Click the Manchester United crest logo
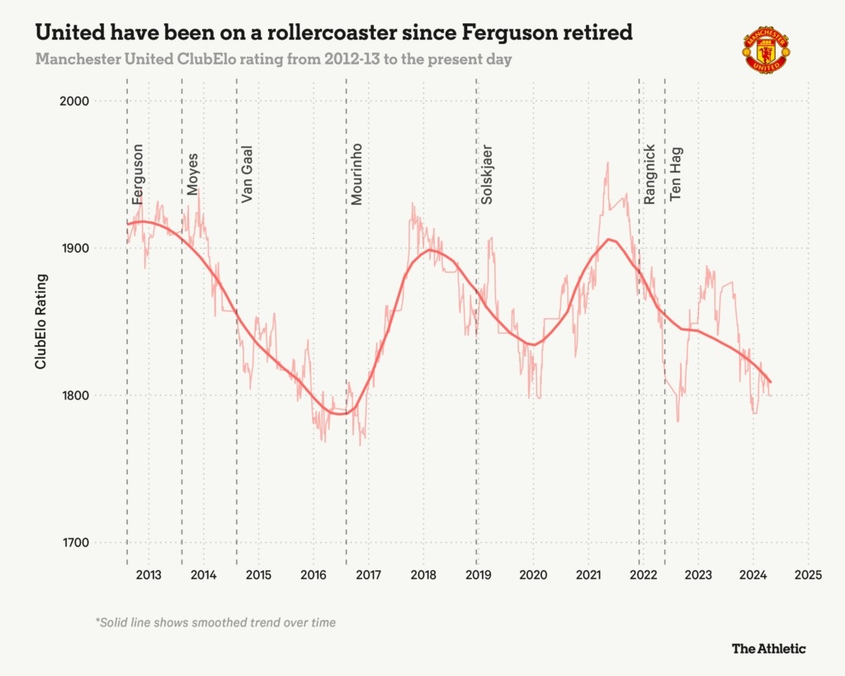tap(765, 50)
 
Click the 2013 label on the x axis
tap(149, 574)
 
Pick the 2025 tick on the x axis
tap(808, 574)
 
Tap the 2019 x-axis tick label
tap(478, 574)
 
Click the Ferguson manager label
tap(139, 174)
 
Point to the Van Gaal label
tap(248, 174)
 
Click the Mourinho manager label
tap(357, 174)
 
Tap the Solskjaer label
tap(488, 174)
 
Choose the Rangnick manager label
tap(650, 174)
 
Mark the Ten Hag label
tap(677, 174)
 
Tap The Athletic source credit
tap(768, 648)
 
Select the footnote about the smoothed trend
tap(216, 622)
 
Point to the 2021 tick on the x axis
tap(588, 574)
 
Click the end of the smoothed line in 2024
tap(770, 382)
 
